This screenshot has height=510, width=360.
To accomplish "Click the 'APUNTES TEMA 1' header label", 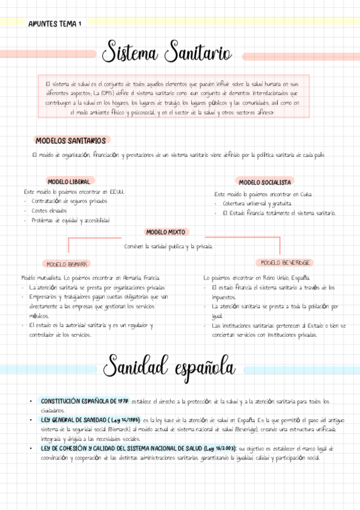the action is [x=55, y=23].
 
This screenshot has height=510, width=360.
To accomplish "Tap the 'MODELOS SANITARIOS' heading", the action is [x=70, y=141].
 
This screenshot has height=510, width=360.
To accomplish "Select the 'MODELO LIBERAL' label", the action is [x=69, y=182].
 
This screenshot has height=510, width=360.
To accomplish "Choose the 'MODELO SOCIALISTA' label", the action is [x=264, y=182].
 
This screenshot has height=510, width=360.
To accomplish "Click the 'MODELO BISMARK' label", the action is [x=67, y=264].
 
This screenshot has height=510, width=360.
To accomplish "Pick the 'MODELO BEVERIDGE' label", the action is [x=285, y=263].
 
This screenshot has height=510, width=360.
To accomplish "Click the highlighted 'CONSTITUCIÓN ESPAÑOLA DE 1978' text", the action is [x=78, y=401].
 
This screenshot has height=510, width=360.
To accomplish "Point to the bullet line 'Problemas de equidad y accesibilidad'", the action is [x=70, y=221].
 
